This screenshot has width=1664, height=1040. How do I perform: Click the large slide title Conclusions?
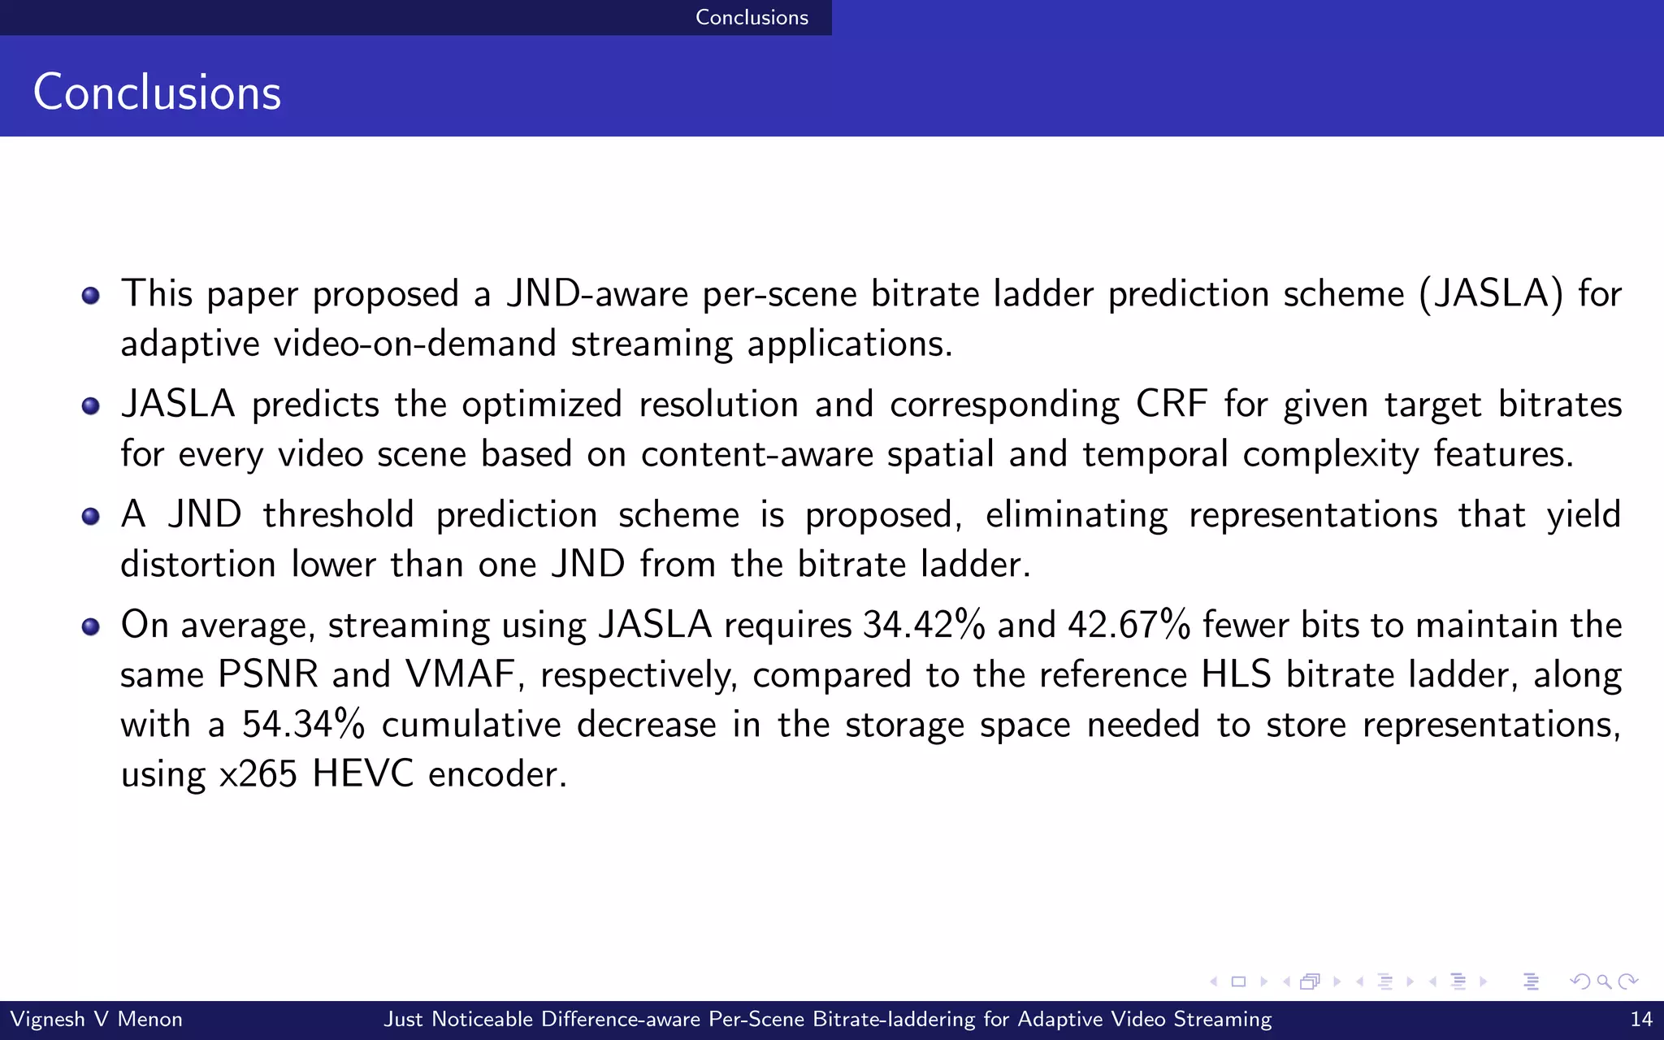(157, 92)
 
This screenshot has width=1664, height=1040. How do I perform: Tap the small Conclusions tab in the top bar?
(752, 17)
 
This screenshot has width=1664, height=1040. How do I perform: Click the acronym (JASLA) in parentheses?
(1491, 293)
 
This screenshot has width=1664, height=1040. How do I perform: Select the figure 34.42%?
(924, 625)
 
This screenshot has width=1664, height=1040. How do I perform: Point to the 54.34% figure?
(303, 724)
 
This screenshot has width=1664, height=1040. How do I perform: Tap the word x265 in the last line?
(258, 773)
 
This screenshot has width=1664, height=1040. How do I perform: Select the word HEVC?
(362, 773)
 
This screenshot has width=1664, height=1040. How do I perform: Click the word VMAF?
(460, 674)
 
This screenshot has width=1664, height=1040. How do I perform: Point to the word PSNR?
(267, 674)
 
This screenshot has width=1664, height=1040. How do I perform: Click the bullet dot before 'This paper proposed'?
(91, 295)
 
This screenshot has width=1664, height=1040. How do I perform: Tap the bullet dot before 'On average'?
(91, 626)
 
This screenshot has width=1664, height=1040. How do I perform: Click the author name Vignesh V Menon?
(96, 1019)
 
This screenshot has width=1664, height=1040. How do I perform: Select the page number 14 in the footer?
(1640, 1019)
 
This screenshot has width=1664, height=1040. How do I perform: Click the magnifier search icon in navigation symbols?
(1604, 981)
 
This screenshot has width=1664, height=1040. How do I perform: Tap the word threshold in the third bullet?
(338, 514)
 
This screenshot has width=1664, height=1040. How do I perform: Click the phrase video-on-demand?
(414, 344)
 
